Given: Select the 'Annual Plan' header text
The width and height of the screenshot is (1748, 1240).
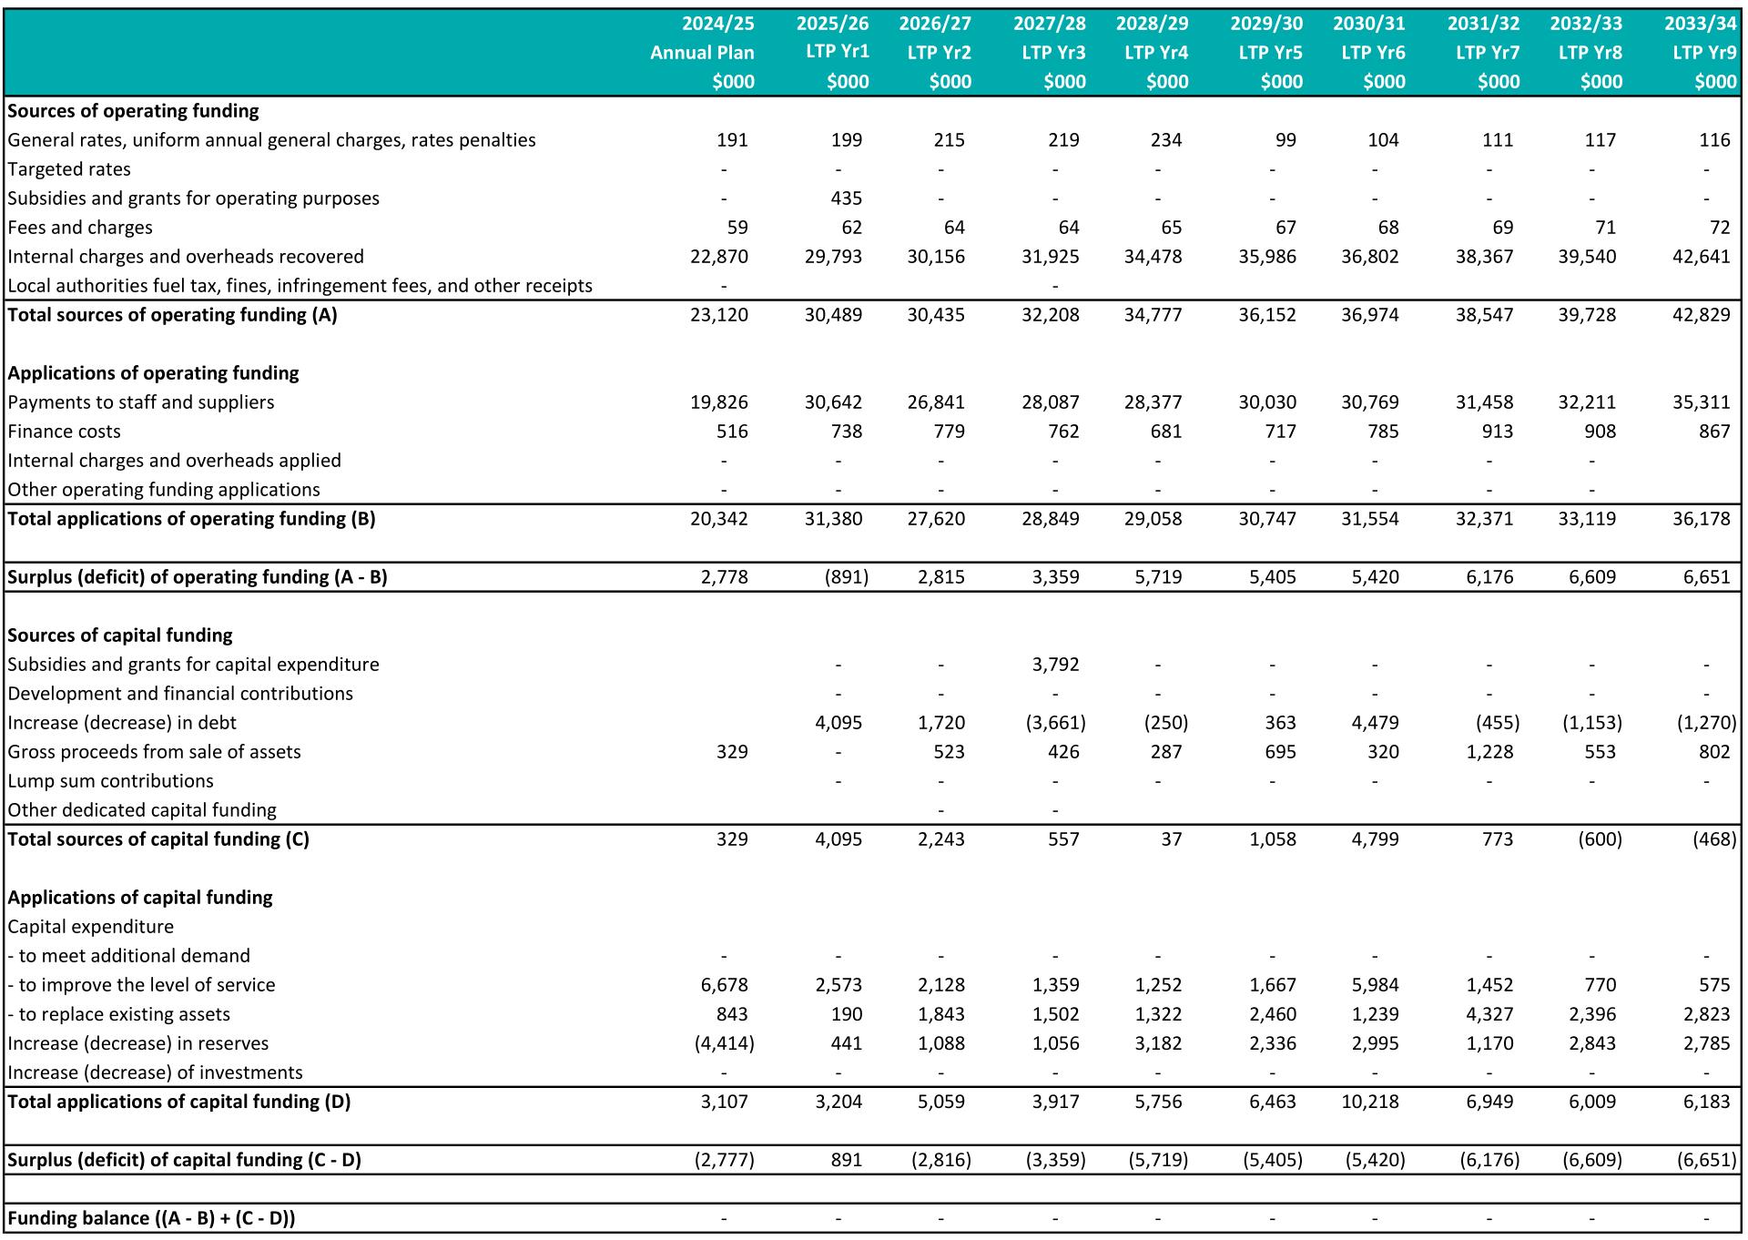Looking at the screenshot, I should click(x=702, y=53).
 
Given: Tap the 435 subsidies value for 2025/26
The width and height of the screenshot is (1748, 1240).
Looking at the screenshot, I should click(x=846, y=198).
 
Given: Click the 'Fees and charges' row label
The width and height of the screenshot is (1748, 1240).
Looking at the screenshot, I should click(x=80, y=228).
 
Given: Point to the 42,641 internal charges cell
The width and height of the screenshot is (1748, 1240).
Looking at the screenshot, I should click(x=1701, y=257).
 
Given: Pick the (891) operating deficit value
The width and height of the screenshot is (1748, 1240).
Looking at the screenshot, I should click(x=846, y=577).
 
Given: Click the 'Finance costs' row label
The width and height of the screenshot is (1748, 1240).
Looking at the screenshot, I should click(x=64, y=432).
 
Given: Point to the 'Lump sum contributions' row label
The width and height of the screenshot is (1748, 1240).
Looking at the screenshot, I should click(x=110, y=781).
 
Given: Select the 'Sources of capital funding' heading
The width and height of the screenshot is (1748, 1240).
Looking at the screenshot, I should click(x=120, y=635).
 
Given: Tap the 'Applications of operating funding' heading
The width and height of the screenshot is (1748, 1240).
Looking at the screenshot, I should click(x=153, y=373).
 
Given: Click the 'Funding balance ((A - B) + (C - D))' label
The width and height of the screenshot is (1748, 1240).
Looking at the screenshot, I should click(x=151, y=1218).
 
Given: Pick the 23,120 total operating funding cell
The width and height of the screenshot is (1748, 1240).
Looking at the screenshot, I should click(x=719, y=315).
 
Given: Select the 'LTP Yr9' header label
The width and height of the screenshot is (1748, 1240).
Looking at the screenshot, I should click(x=1704, y=53).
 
